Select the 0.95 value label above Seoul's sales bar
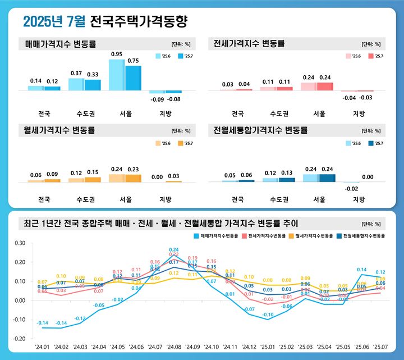point(117,54)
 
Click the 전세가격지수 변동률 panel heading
point(250,43)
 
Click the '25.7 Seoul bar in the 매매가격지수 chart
point(133,78)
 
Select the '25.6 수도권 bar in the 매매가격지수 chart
point(76,84)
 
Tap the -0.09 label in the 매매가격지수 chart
point(157,99)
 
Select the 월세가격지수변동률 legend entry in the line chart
point(314,236)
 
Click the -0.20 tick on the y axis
point(20,339)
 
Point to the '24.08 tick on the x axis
point(173,347)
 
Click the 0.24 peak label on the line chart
point(174,249)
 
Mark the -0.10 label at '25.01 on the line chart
point(268,315)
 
